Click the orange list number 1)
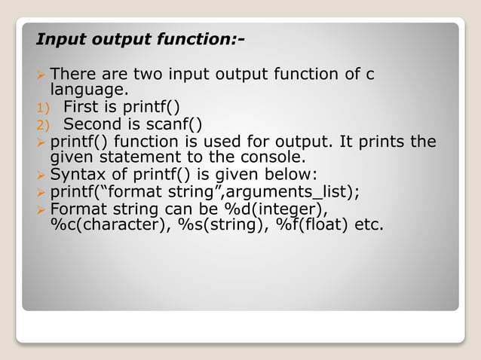41,106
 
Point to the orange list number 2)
41,124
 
